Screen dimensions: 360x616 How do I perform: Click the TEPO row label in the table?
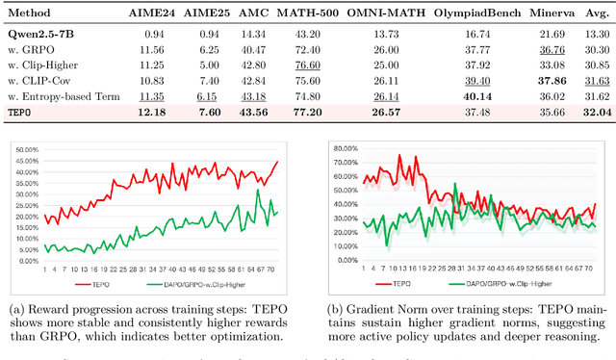(x=22, y=112)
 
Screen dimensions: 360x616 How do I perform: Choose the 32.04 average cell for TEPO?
(x=594, y=112)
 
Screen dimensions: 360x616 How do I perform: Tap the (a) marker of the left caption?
(x=16, y=307)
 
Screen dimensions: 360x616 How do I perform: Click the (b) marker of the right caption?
(x=327, y=307)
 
